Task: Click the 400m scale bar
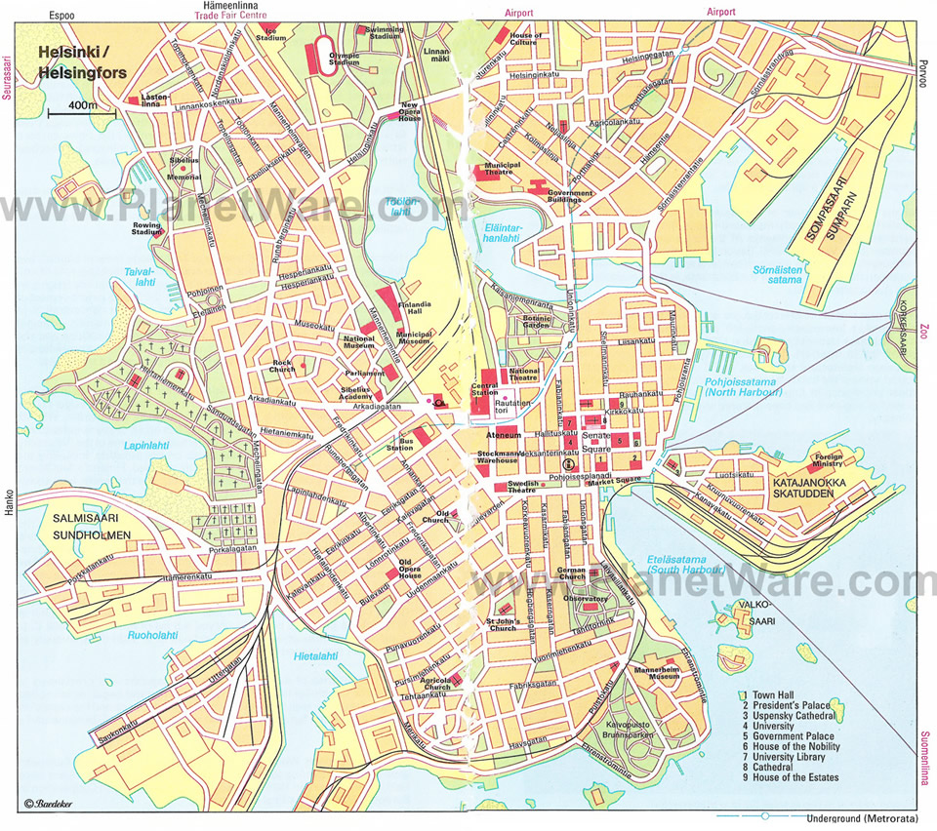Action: pyautogui.click(x=81, y=111)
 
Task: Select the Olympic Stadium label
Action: pyautogui.click(x=345, y=57)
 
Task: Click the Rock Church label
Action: pyautogui.click(x=283, y=367)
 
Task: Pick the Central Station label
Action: pyautogui.click(x=485, y=391)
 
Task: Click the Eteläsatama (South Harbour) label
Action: pyautogui.click(x=684, y=563)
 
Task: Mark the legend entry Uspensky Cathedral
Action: pyautogui.click(x=792, y=716)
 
